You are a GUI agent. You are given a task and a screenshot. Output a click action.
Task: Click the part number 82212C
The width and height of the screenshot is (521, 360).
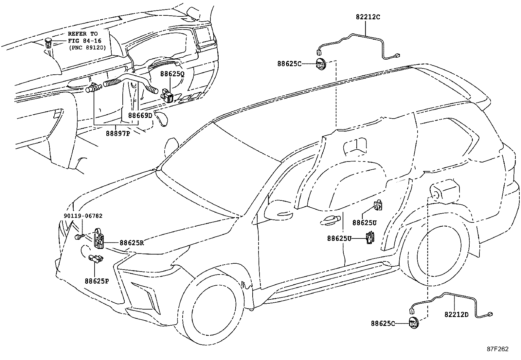[x=368, y=17]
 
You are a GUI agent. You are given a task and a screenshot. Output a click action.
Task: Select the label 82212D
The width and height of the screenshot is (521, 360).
[x=457, y=314]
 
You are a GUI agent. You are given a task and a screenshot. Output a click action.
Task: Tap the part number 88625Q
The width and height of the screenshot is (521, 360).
[x=172, y=74]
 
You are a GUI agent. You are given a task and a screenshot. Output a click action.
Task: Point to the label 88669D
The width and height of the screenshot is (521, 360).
[x=140, y=115]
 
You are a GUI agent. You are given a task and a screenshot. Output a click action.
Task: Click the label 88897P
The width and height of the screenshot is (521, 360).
[x=118, y=133]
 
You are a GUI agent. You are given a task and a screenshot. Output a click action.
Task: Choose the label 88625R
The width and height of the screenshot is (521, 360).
[x=132, y=243]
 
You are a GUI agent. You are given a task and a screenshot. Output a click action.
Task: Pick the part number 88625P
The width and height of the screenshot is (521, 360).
[x=97, y=281]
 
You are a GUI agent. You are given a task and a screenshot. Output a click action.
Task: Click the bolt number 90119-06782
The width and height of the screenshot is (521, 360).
[x=83, y=216]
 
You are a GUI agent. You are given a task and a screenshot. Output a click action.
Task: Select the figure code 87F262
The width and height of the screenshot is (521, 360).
[x=498, y=349]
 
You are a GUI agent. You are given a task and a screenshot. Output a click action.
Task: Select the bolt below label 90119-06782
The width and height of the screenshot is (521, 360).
[x=78, y=237]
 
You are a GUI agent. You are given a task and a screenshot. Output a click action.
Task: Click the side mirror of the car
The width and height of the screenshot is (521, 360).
[x=279, y=210]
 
